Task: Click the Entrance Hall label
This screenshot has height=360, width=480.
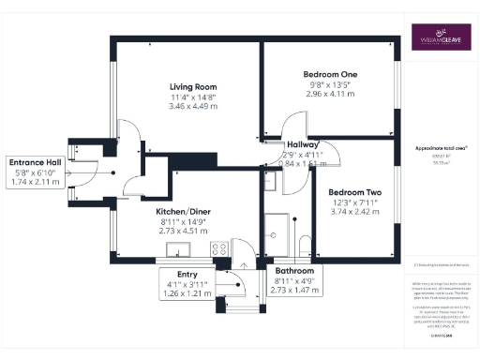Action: pos(35,161)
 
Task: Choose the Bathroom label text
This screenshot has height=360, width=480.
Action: pos(294,270)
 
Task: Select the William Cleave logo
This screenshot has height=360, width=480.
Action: pos(442,38)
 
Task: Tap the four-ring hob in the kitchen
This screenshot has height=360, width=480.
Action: pos(220,249)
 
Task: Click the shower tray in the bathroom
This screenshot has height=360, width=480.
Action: pos(277,225)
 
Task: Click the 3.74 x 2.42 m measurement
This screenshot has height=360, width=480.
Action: pos(353,212)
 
